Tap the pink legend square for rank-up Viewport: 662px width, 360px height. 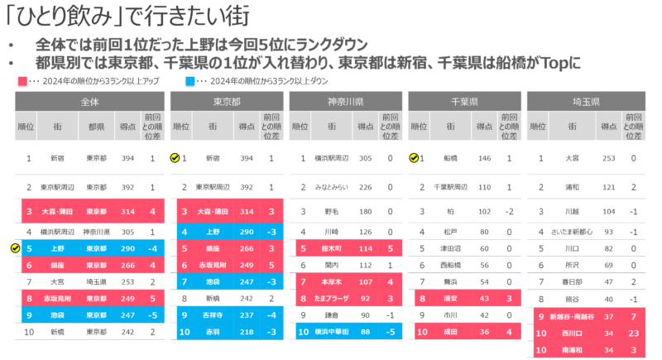tap(22, 82)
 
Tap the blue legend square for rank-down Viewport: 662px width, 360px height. tap(190, 82)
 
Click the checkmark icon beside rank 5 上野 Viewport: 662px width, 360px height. tap(12, 247)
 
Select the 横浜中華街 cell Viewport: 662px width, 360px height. tap(330, 332)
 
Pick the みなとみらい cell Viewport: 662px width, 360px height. tap(330, 188)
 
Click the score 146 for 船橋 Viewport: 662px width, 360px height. tap(484, 158)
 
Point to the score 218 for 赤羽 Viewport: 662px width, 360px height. tap(246, 332)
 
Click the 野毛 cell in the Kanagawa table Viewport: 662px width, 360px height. tap(330, 211)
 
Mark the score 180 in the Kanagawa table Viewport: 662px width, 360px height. tap(364, 211)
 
